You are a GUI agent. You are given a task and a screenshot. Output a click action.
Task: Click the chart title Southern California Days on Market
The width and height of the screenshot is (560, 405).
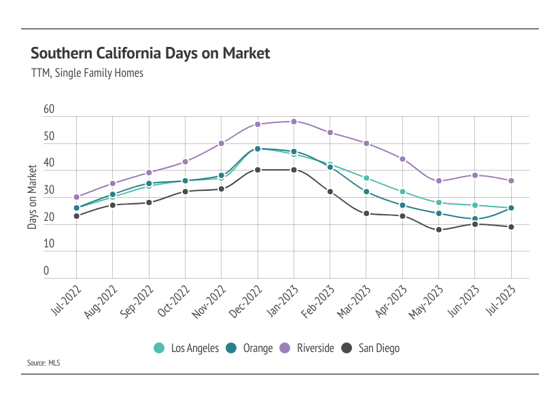click(x=150, y=53)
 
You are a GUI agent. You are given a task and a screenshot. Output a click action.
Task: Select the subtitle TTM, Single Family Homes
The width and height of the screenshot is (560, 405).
click(x=87, y=73)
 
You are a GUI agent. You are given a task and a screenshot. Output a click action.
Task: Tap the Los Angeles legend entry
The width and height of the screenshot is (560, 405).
click(x=187, y=348)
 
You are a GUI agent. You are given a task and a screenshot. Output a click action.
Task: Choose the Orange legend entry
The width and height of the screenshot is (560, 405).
click(x=250, y=348)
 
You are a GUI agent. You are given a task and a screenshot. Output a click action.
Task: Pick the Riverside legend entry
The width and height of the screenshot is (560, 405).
click(x=307, y=348)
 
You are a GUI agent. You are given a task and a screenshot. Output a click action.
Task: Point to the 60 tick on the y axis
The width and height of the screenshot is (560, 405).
click(x=48, y=109)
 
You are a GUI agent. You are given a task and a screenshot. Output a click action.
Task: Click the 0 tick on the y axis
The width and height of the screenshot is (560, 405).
click(x=46, y=271)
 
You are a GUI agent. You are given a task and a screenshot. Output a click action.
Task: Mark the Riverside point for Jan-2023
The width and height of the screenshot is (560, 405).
click(x=294, y=122)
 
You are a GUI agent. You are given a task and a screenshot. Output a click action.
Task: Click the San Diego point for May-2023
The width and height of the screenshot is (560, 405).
click(x=438, y=230)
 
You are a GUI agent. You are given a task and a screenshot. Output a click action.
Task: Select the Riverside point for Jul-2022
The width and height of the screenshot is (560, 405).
click(x=76, y=197)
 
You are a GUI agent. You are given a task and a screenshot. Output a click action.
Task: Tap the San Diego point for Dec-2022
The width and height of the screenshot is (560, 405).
click(x=258, y=170)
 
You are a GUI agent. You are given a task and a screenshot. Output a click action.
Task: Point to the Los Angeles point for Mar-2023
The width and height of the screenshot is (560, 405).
click(x=366, y=178)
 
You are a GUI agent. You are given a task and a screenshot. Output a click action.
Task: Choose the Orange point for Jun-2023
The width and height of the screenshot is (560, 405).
click(x=474, y=219)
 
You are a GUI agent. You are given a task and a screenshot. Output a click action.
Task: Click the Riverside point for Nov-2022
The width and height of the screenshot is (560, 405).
click(x=222, y=143)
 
